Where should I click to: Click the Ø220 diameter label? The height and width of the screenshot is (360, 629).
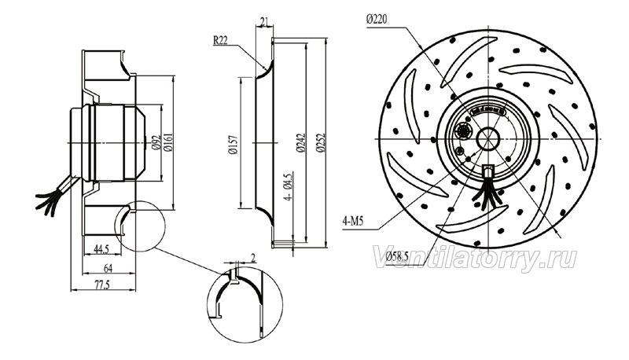377,19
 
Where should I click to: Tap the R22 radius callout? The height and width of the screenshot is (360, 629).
221,40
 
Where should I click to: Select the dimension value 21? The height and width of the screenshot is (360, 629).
264,22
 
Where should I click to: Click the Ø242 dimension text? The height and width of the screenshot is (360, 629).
300,143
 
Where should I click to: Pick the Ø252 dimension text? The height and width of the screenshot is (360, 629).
320,143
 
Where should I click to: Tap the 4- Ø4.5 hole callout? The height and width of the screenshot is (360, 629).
289,188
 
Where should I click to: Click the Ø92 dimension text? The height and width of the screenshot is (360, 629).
156,142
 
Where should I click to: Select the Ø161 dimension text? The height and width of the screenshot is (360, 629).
168,142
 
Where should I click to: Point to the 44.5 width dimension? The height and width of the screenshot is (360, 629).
101,249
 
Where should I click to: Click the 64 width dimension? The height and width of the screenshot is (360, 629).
108,267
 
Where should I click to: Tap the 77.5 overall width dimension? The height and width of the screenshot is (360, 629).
102,285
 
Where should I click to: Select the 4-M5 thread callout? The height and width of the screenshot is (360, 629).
352,221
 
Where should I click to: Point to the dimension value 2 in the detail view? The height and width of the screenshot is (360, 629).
253,258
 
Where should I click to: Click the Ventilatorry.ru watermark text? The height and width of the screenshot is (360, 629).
475,259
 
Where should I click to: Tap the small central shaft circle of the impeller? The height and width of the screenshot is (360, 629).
487,139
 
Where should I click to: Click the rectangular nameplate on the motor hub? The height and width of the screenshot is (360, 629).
488,110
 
